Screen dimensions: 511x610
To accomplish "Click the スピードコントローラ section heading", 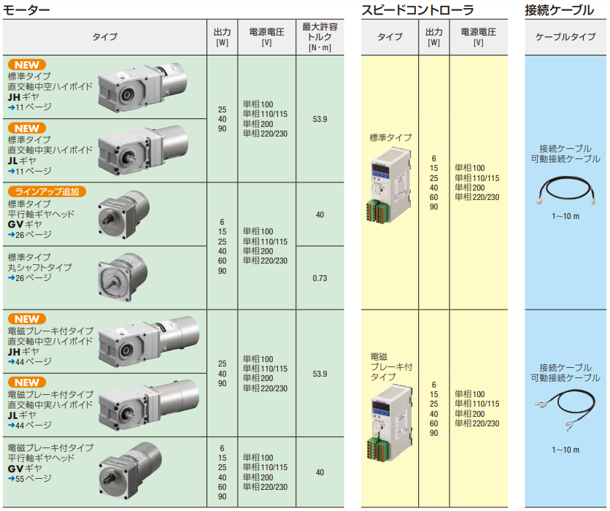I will [x=417, y=9].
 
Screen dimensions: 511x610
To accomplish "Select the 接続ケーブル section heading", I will [x=559, y=9].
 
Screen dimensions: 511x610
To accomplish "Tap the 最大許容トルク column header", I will [x=320, y=36].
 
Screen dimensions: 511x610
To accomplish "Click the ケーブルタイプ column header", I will [x=565, y=36].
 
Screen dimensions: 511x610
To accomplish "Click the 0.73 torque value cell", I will [x=320, y=278].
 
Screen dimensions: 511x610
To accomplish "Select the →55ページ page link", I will [x=30, y=479].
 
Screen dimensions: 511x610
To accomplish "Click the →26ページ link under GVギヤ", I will [x=30, y=235].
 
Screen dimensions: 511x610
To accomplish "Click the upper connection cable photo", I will [x=565, y=191].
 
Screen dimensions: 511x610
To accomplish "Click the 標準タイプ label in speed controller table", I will [x=390, y=137].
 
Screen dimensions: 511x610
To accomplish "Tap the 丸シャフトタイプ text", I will [x=40, y=268].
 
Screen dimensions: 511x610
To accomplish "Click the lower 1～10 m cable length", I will [x=565, y=450].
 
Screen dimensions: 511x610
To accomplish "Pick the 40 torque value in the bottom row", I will [x=320, y=473].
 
